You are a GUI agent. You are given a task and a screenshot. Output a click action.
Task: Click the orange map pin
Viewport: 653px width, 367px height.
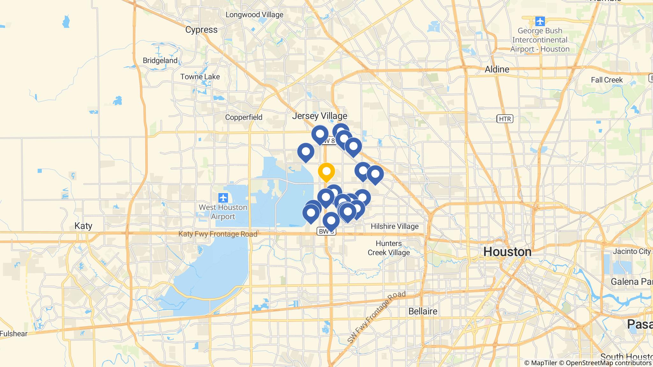point(326,172)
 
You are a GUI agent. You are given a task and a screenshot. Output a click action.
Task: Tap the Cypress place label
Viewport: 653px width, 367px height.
point(201,30)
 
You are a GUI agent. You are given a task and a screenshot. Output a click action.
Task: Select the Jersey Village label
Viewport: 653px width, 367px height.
point(319,116)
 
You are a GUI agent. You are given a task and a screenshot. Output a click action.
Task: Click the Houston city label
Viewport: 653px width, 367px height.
point(507,252)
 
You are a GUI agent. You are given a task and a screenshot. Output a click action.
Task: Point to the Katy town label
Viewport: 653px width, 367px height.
point(83,226)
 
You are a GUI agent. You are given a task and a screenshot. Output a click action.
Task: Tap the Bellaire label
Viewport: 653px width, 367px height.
point(423,311)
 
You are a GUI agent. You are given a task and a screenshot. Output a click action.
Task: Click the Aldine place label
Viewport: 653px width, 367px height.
point(497,69)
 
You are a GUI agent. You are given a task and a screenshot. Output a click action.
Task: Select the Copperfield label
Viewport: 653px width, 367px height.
point(244,117)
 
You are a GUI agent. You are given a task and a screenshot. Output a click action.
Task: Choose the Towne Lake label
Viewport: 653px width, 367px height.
point(200,77)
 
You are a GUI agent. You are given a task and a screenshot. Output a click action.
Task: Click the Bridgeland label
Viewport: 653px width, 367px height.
point(160,61)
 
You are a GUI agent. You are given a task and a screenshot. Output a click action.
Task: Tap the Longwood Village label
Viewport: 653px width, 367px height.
point(254,15)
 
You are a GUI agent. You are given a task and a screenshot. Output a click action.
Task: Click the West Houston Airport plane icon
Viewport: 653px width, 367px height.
point(223,198)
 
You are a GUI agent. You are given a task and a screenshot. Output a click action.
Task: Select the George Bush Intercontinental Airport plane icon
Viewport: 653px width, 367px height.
point(540,21)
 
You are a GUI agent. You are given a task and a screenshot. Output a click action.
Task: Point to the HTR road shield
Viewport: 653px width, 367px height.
point(505,119)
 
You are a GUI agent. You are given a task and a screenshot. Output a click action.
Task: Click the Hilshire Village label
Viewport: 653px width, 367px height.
point(394,227)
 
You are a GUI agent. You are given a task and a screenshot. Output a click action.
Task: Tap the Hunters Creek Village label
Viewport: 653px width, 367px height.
point(389,248)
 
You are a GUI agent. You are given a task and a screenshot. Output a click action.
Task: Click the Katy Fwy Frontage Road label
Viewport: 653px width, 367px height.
point(217,234)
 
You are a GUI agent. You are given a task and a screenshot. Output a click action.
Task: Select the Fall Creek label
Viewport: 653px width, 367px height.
point(607,80)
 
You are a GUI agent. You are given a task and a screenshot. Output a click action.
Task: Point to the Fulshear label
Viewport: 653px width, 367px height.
point(13,334)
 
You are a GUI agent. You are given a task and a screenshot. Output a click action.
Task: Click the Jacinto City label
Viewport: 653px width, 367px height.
point(632,251)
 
